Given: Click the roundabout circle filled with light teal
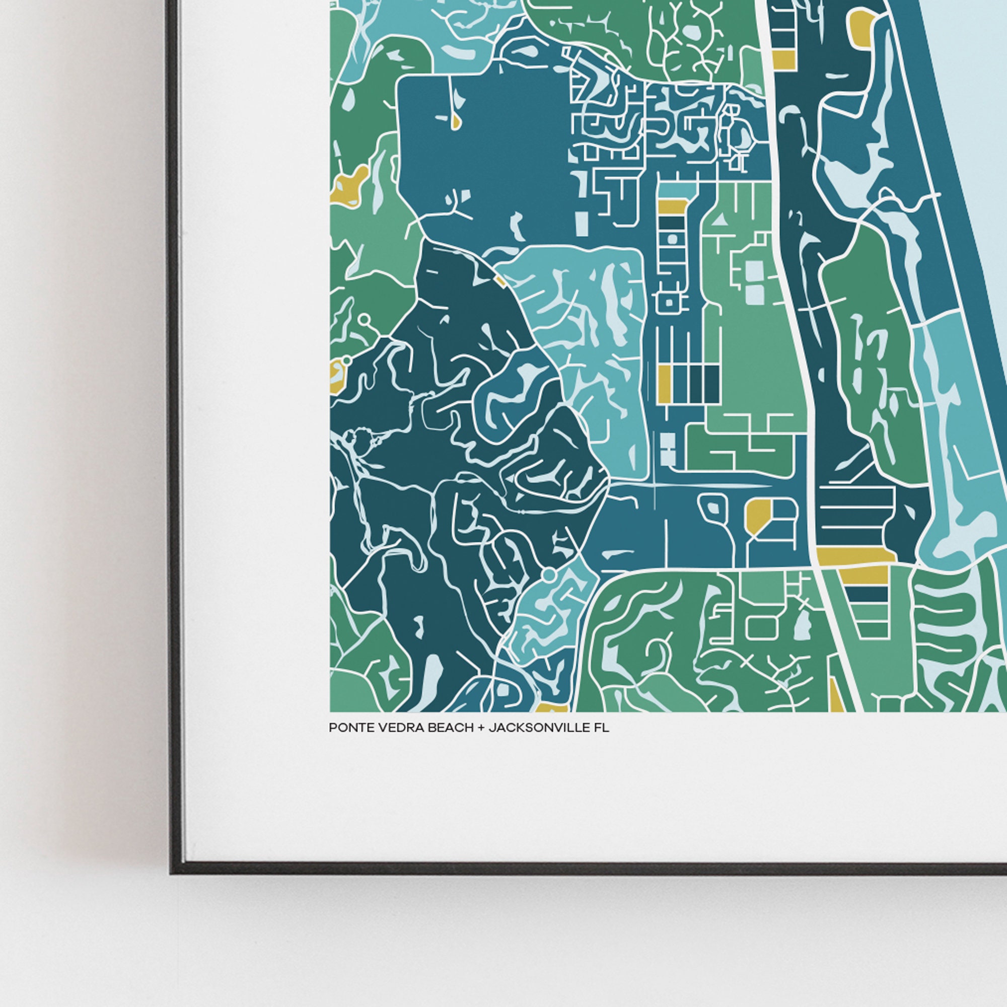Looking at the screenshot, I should point(548,575).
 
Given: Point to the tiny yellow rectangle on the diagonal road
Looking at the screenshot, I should point(499,281).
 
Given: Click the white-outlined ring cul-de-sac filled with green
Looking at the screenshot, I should point(365,318).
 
